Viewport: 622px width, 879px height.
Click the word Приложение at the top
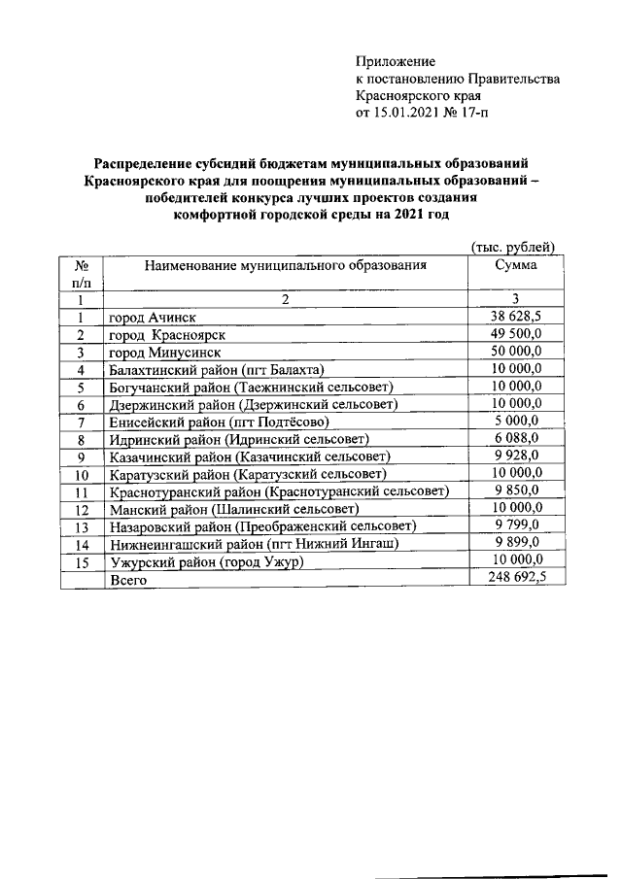(x=396, y=61)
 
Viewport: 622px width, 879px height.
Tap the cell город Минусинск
(x=164, y=353)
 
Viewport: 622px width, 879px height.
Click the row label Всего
(x=127, y=579)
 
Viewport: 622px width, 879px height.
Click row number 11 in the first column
(x=82, y=491)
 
